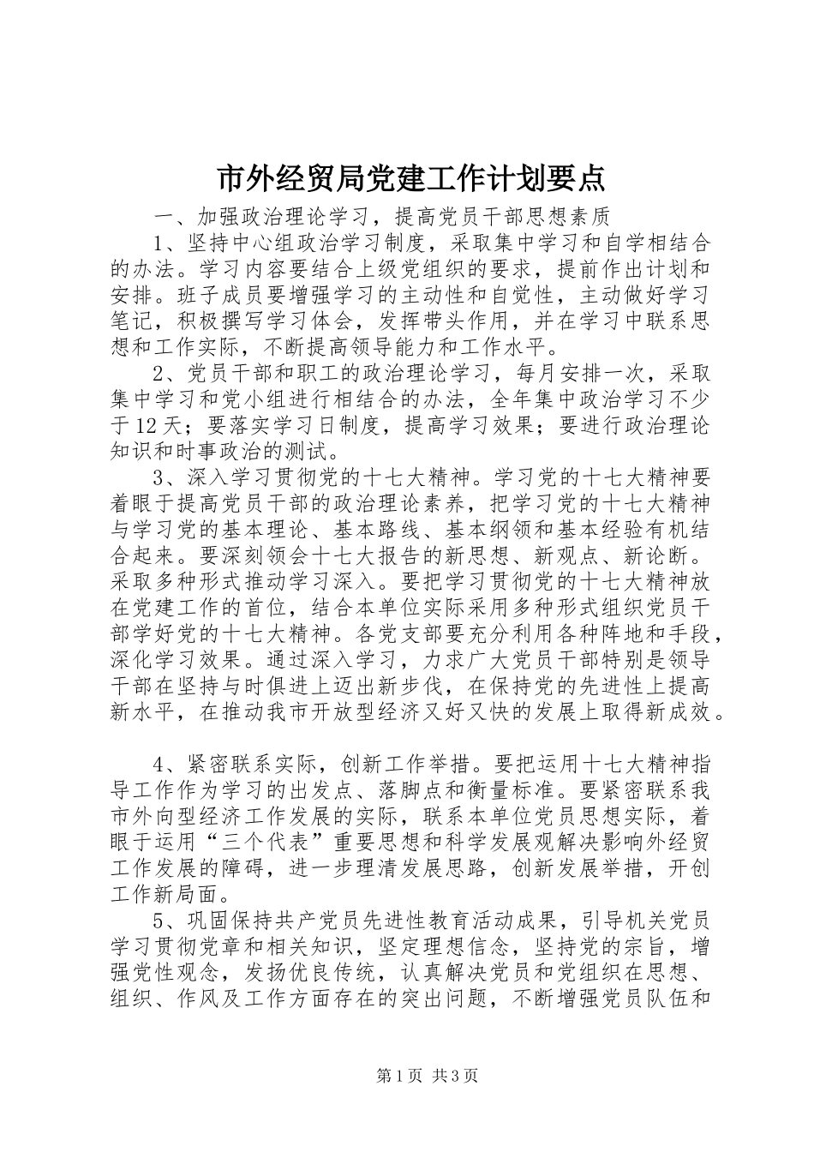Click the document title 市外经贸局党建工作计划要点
pos(407,178)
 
